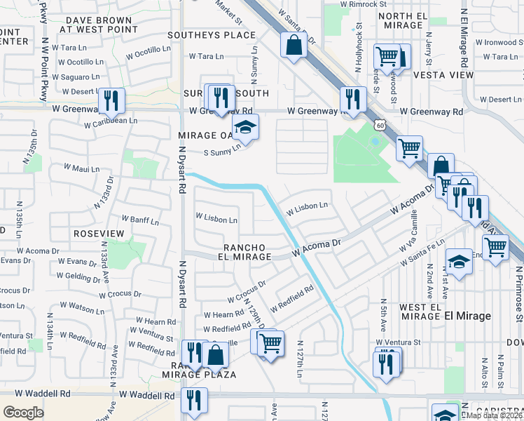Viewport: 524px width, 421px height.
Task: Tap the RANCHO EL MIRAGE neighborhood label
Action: coord(247,252)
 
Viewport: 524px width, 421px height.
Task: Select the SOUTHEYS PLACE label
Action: coord(212,35)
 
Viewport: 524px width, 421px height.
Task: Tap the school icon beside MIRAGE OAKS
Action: coord(245,128)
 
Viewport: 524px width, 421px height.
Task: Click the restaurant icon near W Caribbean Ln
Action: coord(111,102)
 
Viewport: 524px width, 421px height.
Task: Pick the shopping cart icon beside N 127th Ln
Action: coord(270,344)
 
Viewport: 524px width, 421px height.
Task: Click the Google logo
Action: coord(23,412)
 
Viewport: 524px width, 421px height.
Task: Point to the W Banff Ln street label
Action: coord(141,221)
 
